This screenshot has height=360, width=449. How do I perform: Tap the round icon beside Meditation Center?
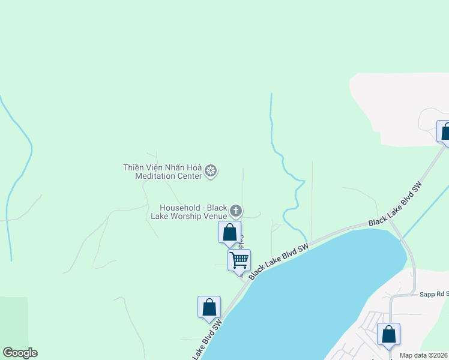pyautogui.click(x=211, y=172)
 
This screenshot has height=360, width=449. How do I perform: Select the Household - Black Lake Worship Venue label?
pyautogui.click(x=193, y=211)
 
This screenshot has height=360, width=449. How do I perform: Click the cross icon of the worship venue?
pyautogui.click(x=236, y=211)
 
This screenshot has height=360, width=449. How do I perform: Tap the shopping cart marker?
pyautogui.click(x=239, y=260)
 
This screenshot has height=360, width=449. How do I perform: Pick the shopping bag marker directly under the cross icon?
pyautogui.click(x=229, y=232)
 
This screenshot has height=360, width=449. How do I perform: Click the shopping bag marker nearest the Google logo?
pyautogui.click(x=209, y=307)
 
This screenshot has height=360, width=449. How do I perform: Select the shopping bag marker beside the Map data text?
pyautogui.click(x=388, y=334)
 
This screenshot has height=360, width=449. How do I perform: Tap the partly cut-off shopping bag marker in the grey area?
pyautogui.click(x=445, y=132)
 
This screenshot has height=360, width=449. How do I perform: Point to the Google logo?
pyautogui.click(x=20, y=353)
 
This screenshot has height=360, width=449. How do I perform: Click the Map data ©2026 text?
pyautogui.click(x=424, y=355)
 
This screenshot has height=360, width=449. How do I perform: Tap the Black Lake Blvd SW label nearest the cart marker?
pyautogui.click(x=279, y=260)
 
